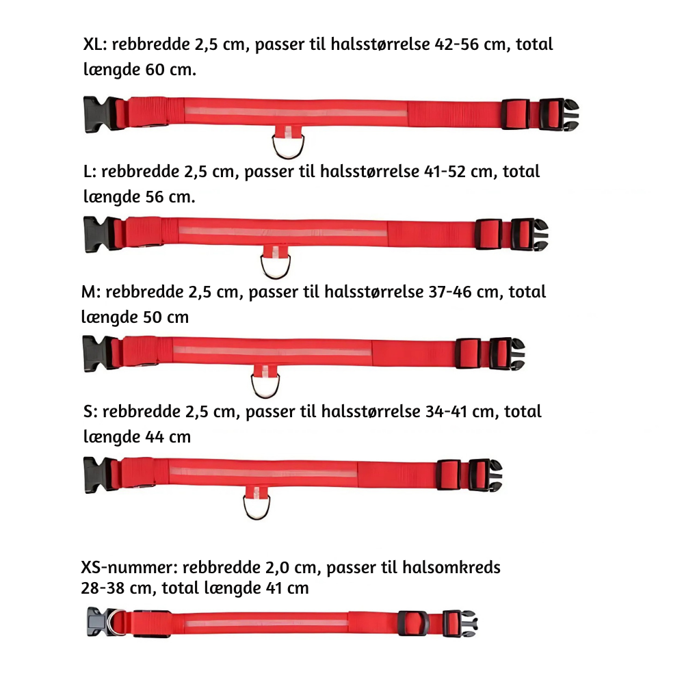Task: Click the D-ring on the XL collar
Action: pos(287,145)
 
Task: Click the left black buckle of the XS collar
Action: pos(98,622)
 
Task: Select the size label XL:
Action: pos(94,45)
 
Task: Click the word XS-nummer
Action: pos(128,568)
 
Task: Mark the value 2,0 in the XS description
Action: pos(279,568)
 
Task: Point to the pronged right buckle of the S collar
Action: pos(486,475)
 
